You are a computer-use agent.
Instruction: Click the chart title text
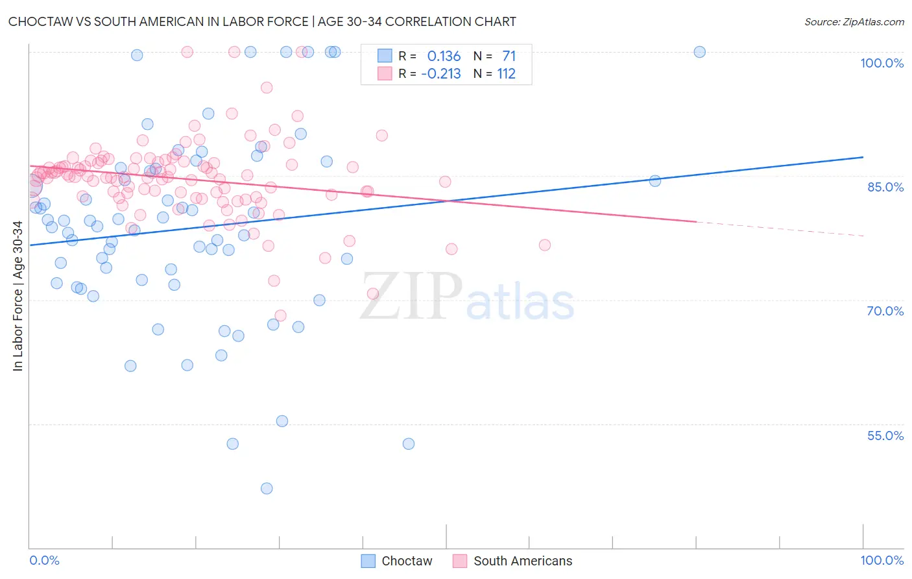click(x=262, y=21)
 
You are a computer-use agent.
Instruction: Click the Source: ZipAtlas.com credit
click(x=854, y=21)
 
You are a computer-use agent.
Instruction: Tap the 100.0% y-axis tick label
click(x=882, y=63)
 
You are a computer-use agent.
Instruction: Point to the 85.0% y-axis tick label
click(x=885, y=187)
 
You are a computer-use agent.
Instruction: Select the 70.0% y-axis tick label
click(x=885, y=311)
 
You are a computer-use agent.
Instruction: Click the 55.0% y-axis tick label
click(x=885, y=436)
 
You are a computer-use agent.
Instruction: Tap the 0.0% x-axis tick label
click(x=44, y=560)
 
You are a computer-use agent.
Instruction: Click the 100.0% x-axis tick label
click(x=882, y=560)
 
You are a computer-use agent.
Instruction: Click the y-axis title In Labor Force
click(x=18, y=296)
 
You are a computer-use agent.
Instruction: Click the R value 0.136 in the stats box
click(x=444, y=56)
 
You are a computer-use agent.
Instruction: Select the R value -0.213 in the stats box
click(x=441, y=74)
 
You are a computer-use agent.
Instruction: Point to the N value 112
click(x=506, y=74)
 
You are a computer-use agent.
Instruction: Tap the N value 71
click(x=509, y=56)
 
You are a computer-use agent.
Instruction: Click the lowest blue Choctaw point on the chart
click(x=267, y=488)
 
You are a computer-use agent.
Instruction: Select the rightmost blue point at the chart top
click(x=699, y=52)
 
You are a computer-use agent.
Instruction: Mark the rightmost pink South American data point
click(x=545, y=245)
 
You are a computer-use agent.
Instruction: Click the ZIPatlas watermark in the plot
click(x=467, y=297)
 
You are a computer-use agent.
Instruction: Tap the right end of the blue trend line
click(x=863, y=157)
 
